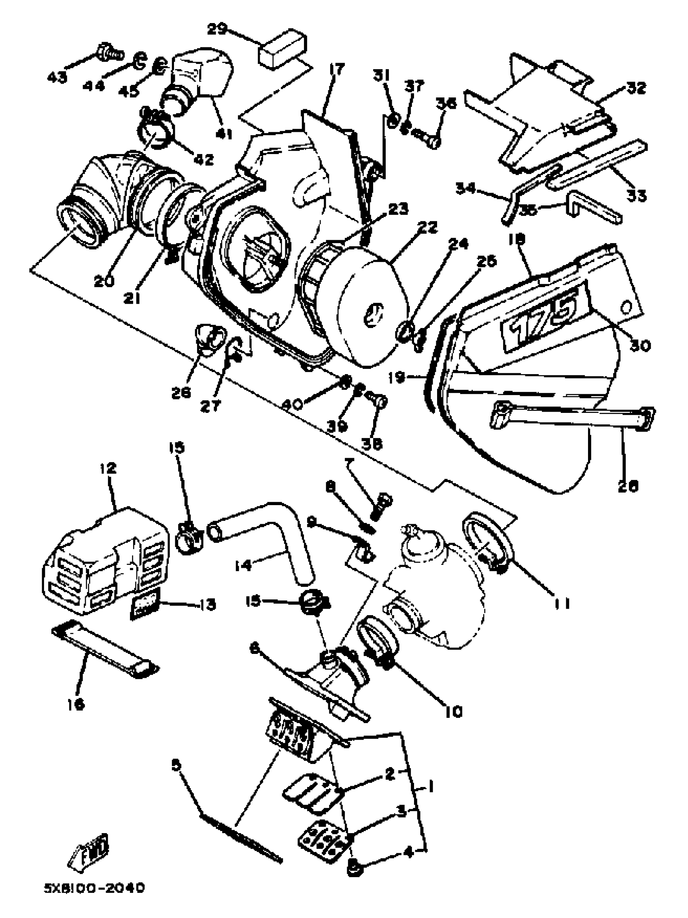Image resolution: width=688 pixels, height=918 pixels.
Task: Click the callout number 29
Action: coord(217,30)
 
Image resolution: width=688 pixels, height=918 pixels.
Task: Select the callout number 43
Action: coord(57,77)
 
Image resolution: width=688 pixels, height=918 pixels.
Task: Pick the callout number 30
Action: coord(639,344)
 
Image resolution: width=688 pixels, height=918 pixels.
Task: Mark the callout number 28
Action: coord(627,486)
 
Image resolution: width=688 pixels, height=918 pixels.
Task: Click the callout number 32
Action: coord(637,88)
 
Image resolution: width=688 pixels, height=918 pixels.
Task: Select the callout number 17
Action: coord(337,69)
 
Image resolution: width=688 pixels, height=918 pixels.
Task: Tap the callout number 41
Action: coord(224,134)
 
